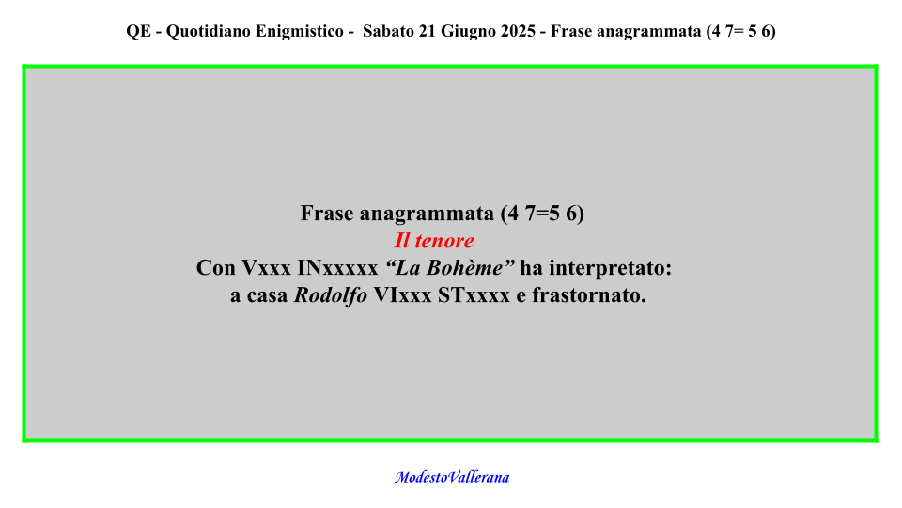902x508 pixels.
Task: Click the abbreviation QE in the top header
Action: pos(139,31)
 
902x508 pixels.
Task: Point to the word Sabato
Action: pos(388,31)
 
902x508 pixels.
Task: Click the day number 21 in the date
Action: pos(428,31)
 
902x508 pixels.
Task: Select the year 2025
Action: pos(519,31)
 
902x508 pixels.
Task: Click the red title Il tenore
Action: pos(434,241)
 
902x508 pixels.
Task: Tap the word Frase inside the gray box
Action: pos(327,214)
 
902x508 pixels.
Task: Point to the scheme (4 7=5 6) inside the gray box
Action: pos(542,214)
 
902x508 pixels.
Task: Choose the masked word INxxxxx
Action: pos(337,268)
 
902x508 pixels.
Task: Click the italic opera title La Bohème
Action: pos(450,268)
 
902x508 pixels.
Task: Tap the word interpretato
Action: pos(610,268)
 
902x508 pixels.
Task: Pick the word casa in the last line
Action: pos(268,295)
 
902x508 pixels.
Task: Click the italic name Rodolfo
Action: pos(331,294)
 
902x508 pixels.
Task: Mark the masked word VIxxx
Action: pos(403,294)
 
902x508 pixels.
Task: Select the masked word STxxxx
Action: pos(474,294)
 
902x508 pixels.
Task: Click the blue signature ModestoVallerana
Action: pos(452,478)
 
